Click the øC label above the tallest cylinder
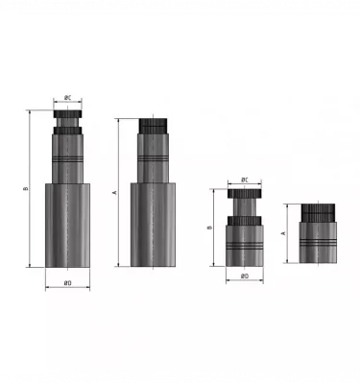(67, 98)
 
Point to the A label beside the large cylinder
(114, 193)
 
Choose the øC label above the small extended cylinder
(245, 180)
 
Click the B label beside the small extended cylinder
(209, 228)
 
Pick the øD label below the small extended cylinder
(245, 276)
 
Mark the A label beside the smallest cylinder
(283, 233)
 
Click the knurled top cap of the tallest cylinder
(67, 118)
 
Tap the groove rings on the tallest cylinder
(67, 156)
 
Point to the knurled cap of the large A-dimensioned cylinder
(154, 126)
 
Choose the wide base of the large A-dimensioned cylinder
(154, 225)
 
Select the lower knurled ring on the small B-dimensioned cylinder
(245, 225)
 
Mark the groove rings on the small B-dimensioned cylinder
(245, 246)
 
